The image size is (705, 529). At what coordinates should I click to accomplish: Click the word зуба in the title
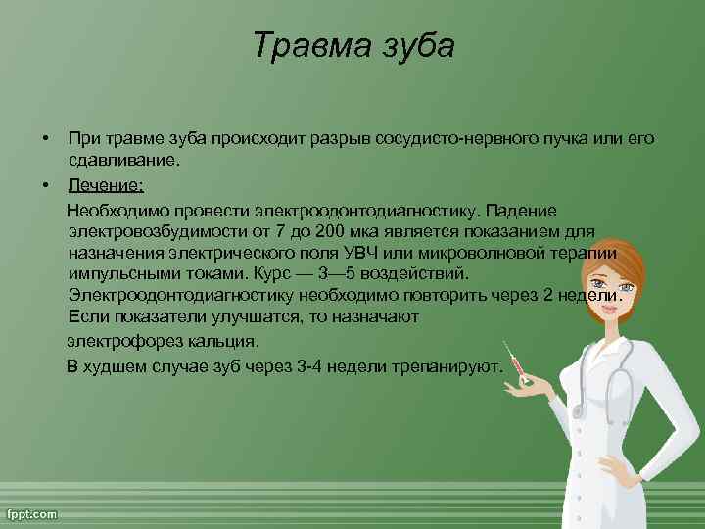tap(417, 46)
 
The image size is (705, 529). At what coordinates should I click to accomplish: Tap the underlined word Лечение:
tap(106, 184)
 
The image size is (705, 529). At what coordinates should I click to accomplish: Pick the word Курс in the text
tap(272, 273)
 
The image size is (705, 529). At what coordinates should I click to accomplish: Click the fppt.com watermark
tap(32, 513)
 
